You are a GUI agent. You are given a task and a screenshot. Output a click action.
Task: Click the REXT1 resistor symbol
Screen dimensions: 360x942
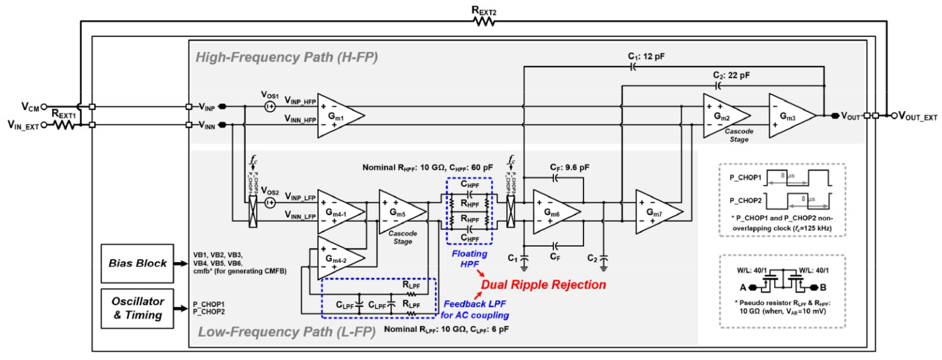tap(64, 125)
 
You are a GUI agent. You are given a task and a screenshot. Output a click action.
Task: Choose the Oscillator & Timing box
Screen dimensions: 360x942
tap(137, 308)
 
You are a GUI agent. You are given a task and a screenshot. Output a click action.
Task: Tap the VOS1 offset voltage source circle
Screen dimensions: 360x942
tap(270, 107)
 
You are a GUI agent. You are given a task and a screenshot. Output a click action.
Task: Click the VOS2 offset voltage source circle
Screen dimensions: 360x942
tap(270, 203)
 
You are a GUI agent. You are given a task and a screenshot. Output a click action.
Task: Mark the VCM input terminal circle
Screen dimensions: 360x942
tap(44, 107)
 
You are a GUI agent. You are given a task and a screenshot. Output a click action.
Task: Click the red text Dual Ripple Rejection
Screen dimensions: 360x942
tap(543, 285)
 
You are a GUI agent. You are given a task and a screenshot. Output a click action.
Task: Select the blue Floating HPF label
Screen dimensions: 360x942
tap(469, 259)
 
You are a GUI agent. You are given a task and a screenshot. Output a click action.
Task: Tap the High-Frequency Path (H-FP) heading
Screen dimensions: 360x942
tap(287, 57)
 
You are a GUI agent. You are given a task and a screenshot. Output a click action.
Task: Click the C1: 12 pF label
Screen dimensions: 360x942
tap(646, 56)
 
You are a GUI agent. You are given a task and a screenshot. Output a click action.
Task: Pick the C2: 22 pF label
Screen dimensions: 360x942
tap(731, 75)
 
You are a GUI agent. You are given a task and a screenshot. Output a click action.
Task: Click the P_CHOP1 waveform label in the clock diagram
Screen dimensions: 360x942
tap(745, 178)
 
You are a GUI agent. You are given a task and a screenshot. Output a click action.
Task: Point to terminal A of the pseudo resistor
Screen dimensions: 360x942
tap(752, 288)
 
